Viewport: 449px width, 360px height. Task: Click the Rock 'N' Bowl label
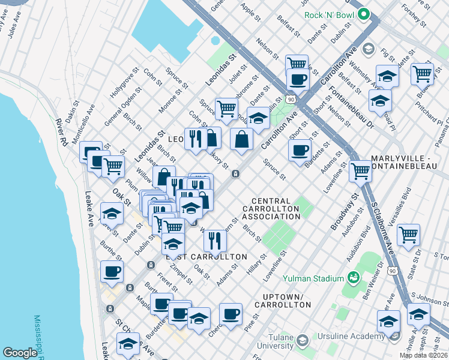click(329, 14)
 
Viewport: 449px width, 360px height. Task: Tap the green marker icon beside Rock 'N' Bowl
click(363, 14)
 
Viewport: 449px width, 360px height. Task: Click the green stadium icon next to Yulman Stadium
click(354, 278)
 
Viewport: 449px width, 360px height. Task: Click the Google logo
click(20, 353)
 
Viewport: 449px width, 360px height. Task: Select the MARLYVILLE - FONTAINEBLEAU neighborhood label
click(409, 163)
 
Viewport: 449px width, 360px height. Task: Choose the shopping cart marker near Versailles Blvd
click(408, 234)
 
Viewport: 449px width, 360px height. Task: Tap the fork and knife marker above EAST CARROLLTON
click(214, 240)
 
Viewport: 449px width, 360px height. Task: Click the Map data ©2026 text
click(424, 355)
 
